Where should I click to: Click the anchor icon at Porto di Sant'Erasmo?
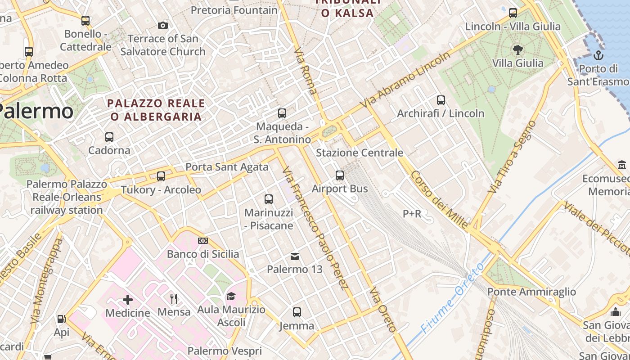coord(598,55)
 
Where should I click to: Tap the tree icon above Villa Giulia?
coord(518,49)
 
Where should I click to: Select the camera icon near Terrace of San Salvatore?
coord(163,25)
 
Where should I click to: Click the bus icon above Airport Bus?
coord(340,175)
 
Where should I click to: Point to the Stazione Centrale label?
coord(360,153)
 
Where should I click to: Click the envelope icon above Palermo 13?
coord(295,256)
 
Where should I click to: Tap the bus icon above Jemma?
coord(297,312)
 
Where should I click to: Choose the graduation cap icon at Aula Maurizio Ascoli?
coord(231,296)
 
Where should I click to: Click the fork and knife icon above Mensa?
coord(174,298)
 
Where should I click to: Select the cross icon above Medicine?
coord(128,299)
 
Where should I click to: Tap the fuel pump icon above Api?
coord(61,319)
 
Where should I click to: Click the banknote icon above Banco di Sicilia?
coord(203,241)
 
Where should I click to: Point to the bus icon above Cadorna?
coord(109,137)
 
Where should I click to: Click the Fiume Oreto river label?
coord(452,298)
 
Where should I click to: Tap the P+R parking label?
coord(412,214)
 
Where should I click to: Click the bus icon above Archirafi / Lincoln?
coord(441,100)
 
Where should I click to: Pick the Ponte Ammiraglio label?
coord(531,292)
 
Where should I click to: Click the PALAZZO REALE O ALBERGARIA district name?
coord(156,110)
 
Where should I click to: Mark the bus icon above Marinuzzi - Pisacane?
coord(269,199)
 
